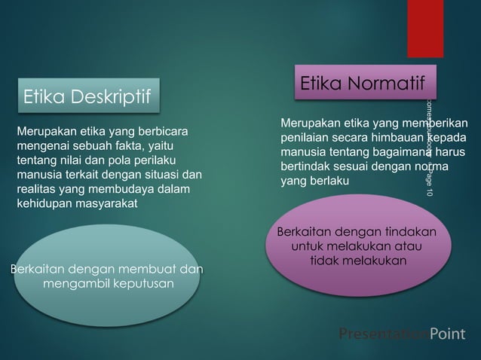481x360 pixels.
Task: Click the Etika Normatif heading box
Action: pos(363,84)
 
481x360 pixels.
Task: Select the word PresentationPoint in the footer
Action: pos(402,334)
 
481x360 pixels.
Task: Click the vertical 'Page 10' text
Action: pos(429,182)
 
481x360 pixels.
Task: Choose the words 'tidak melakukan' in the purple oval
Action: pos(359,261)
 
